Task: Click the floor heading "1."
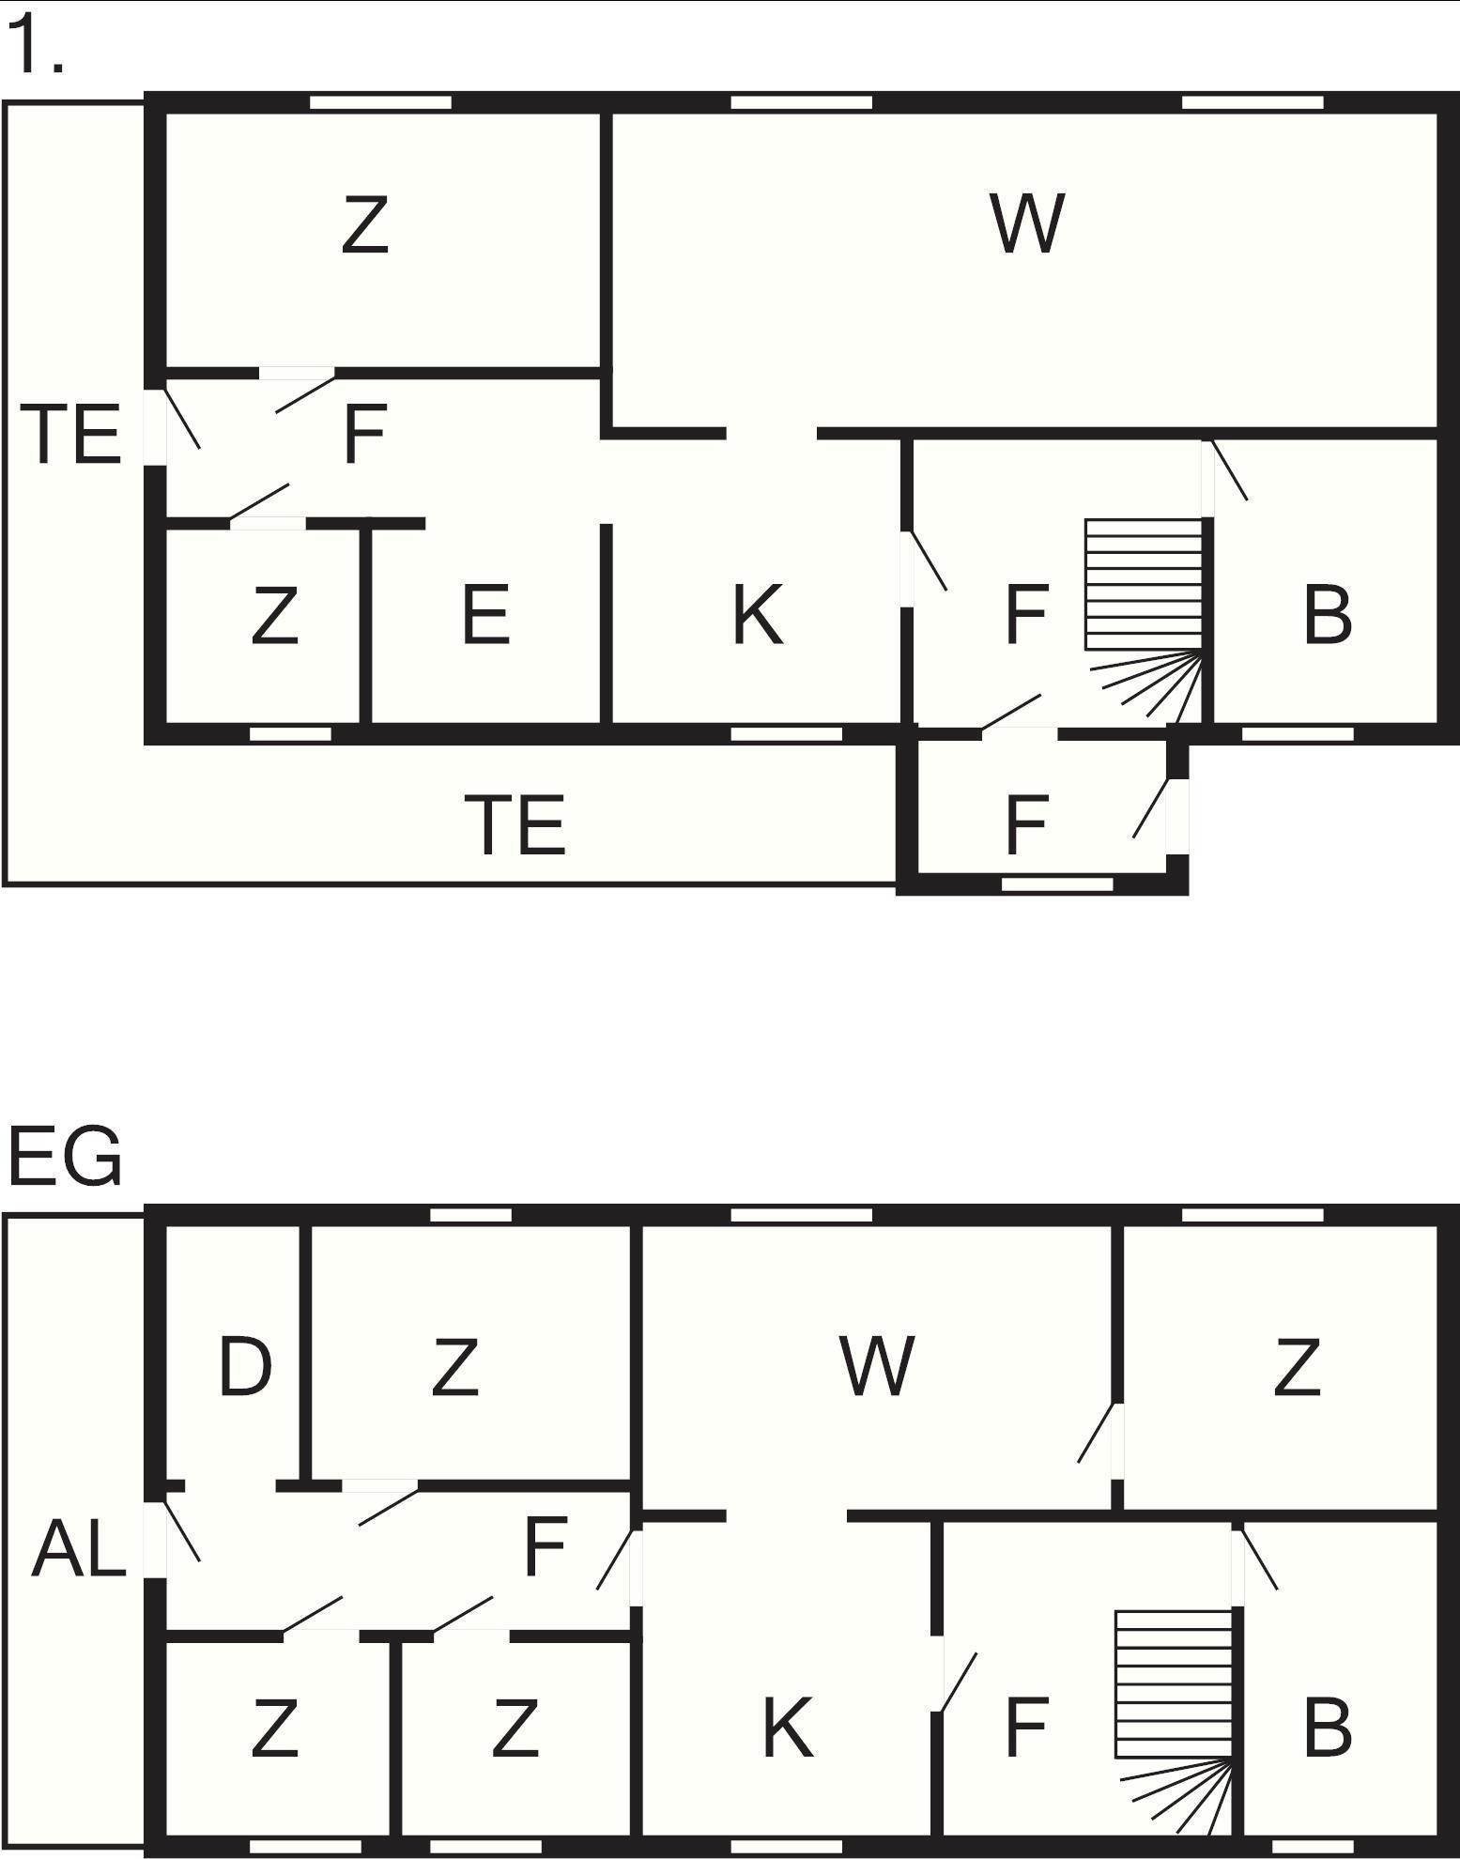(x=36, y=45)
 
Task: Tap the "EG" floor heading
(x=65, y=1157)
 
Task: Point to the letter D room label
(x=245, y=1366)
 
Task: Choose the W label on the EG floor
(x=877, y=1366)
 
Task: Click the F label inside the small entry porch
(x=1026, y=825)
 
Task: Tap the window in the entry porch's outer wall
(x=1057, y=883)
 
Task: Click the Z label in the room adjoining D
(x=455, y=1366)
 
